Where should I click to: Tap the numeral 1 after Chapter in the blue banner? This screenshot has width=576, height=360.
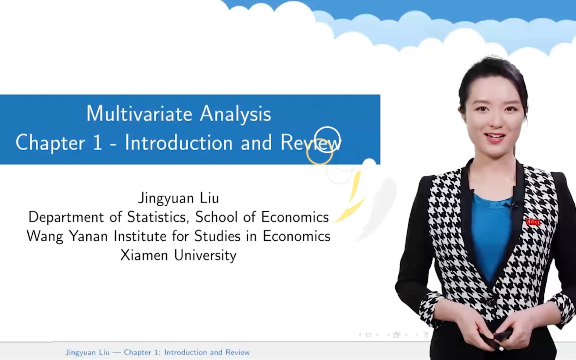[98, 143]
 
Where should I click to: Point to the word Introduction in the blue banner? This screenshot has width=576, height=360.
[178, 143]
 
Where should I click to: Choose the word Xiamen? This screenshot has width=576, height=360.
[144, 255]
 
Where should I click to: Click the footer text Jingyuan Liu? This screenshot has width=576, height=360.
[87, 352]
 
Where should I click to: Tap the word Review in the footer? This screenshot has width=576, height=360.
[237, 352]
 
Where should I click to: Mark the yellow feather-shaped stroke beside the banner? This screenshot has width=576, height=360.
[353, 198]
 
